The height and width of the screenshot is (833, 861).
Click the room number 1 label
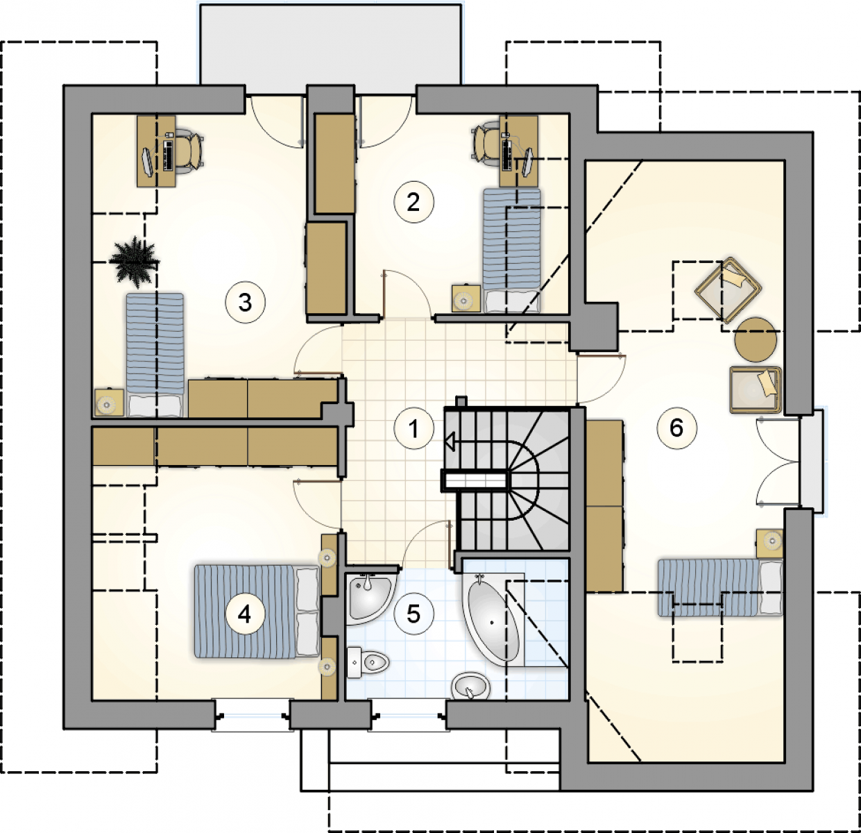pyautogui.click(x=414, y=428)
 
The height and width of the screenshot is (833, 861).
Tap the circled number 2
pyautogui.click(x=414, y=202)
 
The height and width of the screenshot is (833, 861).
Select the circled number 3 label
pyautogui.click(x=245, y=303)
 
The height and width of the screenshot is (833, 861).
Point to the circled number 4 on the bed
pyautogui.click(x=245, y=614)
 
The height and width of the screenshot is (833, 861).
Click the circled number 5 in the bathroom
pyautogui.click(x=414, y=614)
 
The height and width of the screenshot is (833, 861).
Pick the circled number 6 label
pyautogui.click(x=676, y=428)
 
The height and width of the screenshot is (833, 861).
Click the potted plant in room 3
pyautogui.click(x=134, y=262)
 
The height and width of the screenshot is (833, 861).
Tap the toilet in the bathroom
pyautogui.click(x=368, y=663)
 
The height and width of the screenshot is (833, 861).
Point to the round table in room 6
pyautogui.click(x=756, y=339)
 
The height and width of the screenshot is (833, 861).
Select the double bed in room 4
pyautogui.click(x=257, y=612)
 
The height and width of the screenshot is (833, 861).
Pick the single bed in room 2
pyautogui.click(x=511, y=251)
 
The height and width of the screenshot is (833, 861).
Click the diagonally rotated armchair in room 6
pyautogui.click(x=728, y=290)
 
